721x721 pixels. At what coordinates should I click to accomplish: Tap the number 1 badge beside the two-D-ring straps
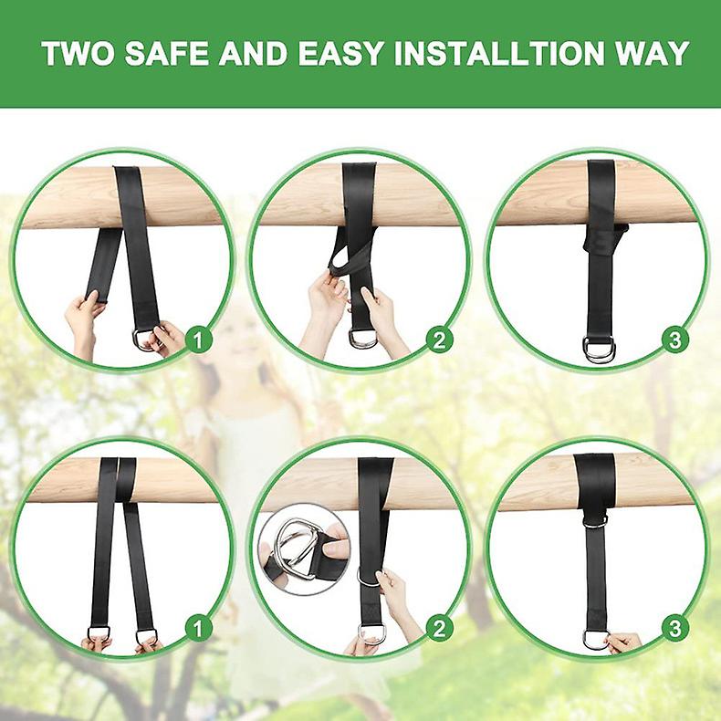coord(198,628)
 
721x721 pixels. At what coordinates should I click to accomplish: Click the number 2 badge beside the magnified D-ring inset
coord(440,628)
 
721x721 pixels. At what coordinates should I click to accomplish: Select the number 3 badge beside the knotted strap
coord(675,340)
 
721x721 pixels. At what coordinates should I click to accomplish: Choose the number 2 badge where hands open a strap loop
coord(440,340)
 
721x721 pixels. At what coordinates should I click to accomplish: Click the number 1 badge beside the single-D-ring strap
coord(198,340)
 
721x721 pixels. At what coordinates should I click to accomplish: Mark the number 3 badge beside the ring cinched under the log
coord(675,628)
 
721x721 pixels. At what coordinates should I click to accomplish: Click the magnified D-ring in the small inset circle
coord(298,551)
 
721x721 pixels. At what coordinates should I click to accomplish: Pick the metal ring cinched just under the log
coord(594,519)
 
